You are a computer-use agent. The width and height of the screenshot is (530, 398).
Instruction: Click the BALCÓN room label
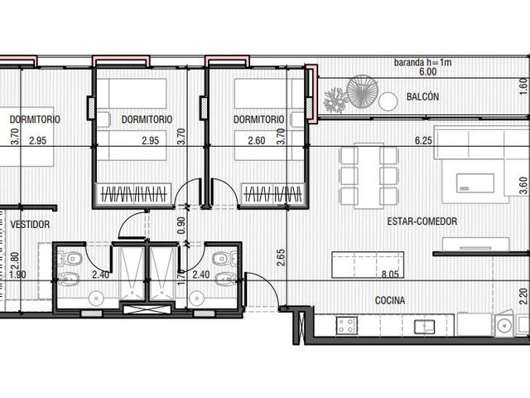[x=422, y=97]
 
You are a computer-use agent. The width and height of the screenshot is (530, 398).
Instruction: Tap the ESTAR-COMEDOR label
[x=422, y=221]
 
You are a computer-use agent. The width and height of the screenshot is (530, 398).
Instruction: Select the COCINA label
[x=390, y=300]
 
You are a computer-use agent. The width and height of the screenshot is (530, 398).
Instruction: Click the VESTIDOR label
[x=30, y=224]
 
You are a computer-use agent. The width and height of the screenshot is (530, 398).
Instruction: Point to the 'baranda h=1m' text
[x=422, y=63]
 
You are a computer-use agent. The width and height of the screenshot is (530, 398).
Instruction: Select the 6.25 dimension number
[x=423, y=140]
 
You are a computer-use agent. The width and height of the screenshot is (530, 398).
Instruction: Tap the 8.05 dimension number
[x=390, y=274]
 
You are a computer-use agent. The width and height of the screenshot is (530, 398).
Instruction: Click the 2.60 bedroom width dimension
[x=257, y=140]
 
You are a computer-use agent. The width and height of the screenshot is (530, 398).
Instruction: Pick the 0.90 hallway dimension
[x=181, y=226]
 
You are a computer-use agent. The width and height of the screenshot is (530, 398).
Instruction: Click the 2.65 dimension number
[x=281, y=258]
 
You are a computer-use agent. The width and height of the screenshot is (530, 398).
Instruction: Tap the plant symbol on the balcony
[x=335, y=99]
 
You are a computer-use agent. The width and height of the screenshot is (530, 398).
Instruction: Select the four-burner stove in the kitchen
[x=346, y=326]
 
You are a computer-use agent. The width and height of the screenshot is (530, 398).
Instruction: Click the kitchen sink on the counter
[x=425, y=327]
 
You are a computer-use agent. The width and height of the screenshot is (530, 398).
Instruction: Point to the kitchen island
[x=368, y=265]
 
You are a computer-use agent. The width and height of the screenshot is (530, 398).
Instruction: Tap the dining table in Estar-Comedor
[x=369, y=176]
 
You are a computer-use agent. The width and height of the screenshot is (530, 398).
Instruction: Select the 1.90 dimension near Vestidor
[x=17, y=274]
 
